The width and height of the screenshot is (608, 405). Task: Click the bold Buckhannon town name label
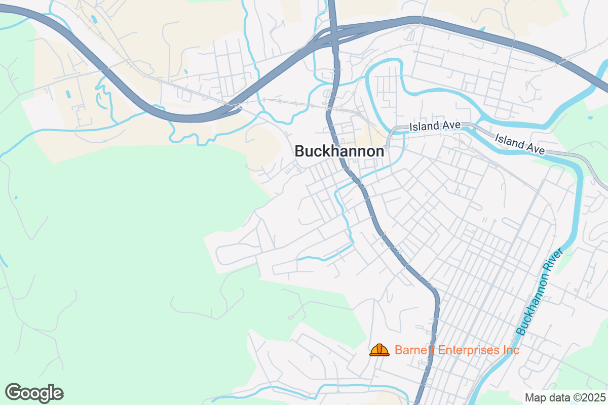[339, 151]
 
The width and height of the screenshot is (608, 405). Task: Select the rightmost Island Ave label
[519, 144]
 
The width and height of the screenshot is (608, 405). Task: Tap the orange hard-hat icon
[379, 350]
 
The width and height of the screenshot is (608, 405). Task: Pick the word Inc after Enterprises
[511, 350]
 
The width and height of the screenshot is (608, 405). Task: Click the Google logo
[34, 393]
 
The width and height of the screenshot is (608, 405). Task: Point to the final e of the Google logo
[58, 394]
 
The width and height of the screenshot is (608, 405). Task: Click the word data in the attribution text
[556, 397]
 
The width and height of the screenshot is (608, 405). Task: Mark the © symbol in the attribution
[573, 397]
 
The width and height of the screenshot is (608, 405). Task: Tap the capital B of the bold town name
[299, 151]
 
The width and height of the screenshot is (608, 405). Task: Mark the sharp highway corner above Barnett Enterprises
[435, 293]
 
